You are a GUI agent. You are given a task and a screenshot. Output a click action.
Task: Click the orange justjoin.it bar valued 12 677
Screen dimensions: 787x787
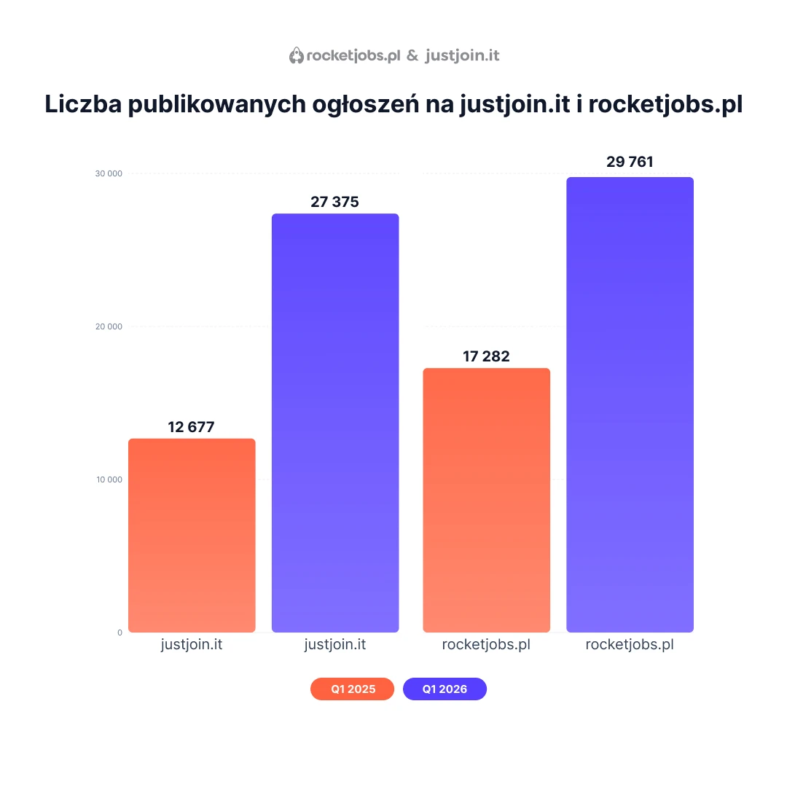(x=192, y=536)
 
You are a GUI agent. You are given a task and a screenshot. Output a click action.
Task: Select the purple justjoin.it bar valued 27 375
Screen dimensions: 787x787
(x=335, y=423)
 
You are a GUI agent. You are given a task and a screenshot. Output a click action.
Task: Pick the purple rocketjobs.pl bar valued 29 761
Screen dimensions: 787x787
(x=630, y=404)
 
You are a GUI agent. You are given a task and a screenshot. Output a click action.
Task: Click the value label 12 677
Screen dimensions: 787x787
(x=191, y=427)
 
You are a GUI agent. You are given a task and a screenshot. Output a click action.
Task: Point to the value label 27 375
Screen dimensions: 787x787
(x=334, y=202)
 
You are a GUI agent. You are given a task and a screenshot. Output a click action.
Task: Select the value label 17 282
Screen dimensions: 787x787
(x=486, y=356)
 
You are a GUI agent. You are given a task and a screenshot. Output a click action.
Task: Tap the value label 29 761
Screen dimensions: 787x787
(x=630, y=162)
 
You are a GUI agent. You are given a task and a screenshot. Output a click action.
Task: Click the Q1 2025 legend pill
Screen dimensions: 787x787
(x=353, y=689)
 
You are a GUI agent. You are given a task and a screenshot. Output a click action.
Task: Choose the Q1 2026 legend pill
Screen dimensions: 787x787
(x=445, y=689)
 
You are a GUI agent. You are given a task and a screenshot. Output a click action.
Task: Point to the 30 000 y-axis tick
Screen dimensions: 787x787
(x=109, y=173)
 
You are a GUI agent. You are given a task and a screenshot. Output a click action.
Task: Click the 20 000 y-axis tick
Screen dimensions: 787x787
(x=109, y=326)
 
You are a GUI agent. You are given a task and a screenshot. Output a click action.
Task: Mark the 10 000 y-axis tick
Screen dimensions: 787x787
(x=109, y=479)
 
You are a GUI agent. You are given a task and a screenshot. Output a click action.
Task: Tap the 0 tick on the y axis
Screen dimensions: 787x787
(x=120, y=633)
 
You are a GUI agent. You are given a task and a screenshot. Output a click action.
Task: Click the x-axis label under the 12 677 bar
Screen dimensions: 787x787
(x=191, y=645)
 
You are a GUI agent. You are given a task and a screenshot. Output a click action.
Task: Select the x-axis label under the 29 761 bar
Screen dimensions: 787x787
(x=630, y=645)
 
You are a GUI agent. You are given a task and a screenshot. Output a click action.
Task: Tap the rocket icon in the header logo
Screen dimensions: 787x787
(x=296, y=55)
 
